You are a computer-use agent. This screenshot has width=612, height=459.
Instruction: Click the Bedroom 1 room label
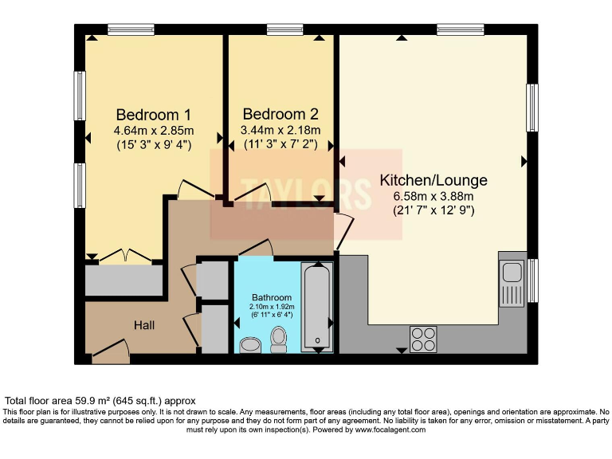coord(154,114)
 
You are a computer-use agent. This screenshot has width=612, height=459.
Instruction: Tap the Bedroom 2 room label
coord(280,114)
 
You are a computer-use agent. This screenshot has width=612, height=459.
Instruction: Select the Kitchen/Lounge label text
coord(433,180)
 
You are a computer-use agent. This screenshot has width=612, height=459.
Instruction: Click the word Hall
coord(144,325)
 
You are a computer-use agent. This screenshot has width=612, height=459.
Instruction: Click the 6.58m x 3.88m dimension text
coord(433,197)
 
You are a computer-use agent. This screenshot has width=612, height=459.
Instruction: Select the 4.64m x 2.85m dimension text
coord(154,131)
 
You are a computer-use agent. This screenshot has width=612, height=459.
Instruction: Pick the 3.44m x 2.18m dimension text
coord(280,131)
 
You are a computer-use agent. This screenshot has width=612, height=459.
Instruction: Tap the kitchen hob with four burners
coord(423,339)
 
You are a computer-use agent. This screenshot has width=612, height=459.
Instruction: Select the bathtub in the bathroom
coord(317,307)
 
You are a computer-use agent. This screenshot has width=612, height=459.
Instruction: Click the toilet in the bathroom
coord(279,339)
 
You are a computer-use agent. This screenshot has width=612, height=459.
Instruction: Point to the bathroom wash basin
coord(250,345)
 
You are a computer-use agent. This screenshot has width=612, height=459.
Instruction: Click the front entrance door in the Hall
coord(109,350)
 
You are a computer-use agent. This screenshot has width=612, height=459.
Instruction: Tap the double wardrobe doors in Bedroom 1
coord(124,256)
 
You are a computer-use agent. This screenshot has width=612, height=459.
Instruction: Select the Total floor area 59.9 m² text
coord(100,400)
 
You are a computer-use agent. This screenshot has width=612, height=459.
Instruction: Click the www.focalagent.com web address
coord(390,430)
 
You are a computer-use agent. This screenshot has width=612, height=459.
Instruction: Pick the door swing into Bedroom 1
coord(190,188)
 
